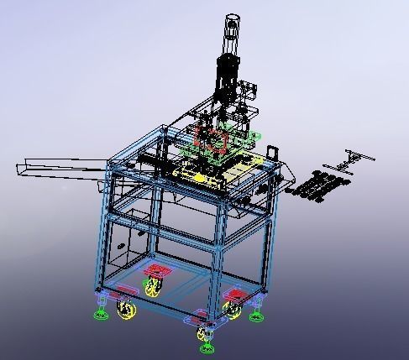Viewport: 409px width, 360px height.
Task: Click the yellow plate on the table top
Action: [200, 176]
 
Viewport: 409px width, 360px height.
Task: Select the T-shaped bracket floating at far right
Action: [356, 158]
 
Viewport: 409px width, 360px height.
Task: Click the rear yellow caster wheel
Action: [153, 288]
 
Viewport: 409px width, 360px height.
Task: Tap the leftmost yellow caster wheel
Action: [126, 311]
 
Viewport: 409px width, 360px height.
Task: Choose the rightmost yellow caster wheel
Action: [233, 311]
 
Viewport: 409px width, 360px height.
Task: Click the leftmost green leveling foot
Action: [101, 315]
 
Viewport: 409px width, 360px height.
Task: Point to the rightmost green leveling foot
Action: [255, 316]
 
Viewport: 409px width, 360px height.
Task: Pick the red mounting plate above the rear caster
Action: [156, 271]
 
